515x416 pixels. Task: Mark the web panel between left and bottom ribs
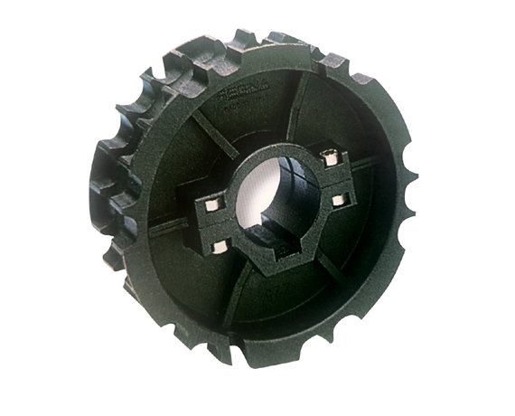click(194, 271)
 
